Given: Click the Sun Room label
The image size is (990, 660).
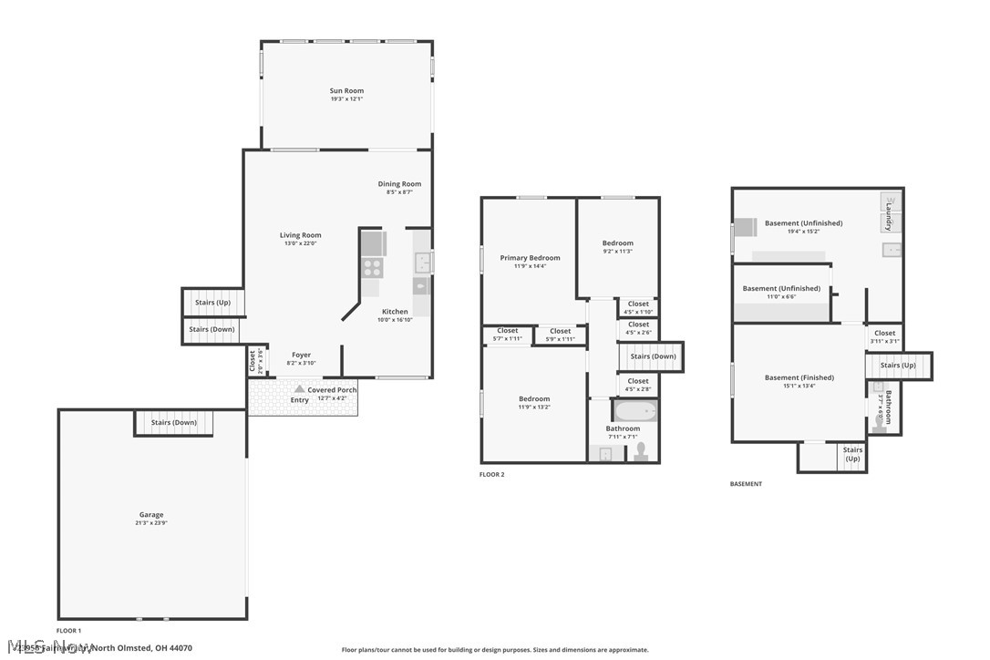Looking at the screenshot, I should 346,91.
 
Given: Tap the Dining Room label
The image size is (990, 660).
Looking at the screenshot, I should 399,184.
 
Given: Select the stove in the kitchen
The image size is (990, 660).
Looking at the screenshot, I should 373,267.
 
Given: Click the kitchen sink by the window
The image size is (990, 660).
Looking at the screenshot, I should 421,263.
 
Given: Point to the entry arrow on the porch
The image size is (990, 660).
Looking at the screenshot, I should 299,389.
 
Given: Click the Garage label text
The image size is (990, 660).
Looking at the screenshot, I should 151,515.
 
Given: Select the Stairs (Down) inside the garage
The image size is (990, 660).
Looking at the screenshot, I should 173,423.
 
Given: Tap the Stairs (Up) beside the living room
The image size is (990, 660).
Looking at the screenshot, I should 212,302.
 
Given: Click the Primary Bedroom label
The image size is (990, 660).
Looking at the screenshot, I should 530,258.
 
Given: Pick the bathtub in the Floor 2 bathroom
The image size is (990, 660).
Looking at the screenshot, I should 635,410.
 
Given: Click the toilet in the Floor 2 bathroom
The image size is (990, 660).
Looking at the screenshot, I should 641,450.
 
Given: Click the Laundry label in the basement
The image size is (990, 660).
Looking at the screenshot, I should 889,222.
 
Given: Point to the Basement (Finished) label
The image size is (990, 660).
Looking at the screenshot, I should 799,377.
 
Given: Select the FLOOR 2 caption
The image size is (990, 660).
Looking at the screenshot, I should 491,475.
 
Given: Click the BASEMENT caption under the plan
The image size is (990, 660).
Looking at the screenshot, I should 746,484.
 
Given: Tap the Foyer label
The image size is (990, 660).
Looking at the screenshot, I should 301,356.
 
